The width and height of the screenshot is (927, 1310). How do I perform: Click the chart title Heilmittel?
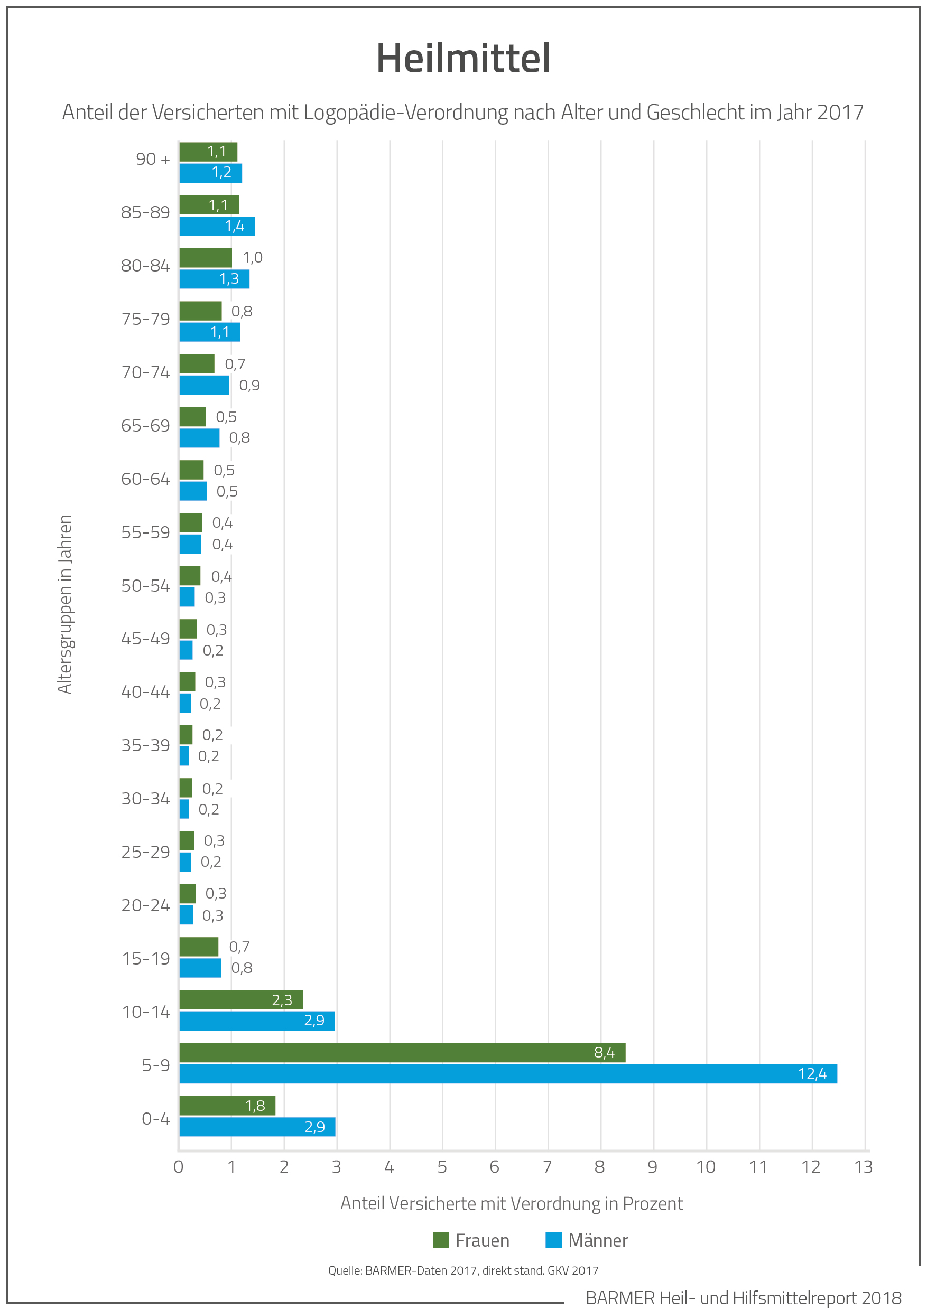(463, 58)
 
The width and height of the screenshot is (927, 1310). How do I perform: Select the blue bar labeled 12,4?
(507, 1073)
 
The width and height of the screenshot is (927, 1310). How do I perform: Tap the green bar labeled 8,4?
(402, 1052)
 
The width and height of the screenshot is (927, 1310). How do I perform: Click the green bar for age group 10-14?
(241, 999)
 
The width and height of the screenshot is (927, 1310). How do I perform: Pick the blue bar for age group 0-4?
(257, 1126)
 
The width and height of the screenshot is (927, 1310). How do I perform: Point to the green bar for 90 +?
(208, 152)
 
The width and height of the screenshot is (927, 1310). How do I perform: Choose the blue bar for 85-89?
(217, 226)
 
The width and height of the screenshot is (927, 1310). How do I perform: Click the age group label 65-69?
(145, 426)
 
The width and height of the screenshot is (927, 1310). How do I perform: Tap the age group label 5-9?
(156, 1065)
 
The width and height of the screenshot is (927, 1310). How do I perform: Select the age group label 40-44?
(145, 692)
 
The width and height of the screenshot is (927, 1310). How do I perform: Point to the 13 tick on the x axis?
(863, 1167)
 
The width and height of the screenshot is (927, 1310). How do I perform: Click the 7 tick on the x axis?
(548, 1167)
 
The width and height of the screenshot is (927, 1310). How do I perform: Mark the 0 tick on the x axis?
(179, 1167)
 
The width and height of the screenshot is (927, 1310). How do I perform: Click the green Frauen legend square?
(441, 1240)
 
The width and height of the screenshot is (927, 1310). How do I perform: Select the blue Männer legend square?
(553, 1240)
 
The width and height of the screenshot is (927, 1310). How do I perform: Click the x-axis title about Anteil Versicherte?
(512, 1203)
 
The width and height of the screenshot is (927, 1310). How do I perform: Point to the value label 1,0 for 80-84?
(252, 258)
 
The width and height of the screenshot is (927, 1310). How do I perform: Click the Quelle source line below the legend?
(463, 1270)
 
